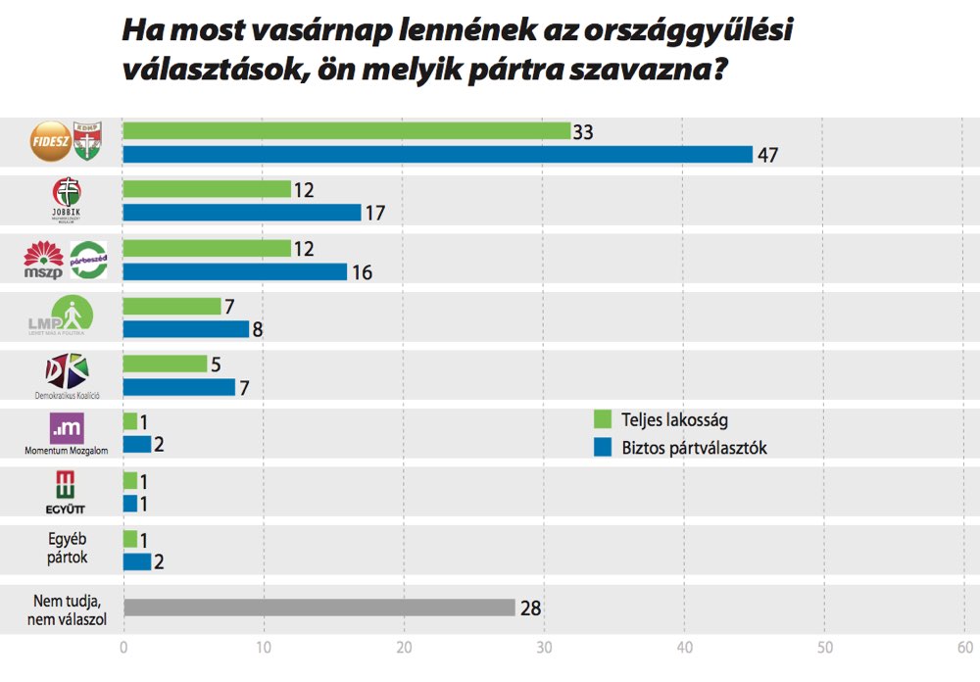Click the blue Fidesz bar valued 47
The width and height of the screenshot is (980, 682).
tap(437, 154)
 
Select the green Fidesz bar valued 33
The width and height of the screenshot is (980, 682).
tap(346, 130)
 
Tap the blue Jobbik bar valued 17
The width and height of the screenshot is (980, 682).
tap(241, 212)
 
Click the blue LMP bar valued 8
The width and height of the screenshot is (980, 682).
tap(186, 329)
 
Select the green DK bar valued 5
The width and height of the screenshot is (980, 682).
tap(165, 364)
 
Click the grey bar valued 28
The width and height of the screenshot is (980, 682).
tap(319, 608)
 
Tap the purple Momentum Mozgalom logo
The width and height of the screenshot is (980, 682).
tap(66, 428)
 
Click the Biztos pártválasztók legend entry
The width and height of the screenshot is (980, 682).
tap(686, 448)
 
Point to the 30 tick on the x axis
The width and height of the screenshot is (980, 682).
tap(544, 648)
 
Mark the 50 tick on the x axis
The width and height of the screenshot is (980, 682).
tap(824, 648)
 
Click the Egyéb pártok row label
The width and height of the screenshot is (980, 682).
tap(67, 548)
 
